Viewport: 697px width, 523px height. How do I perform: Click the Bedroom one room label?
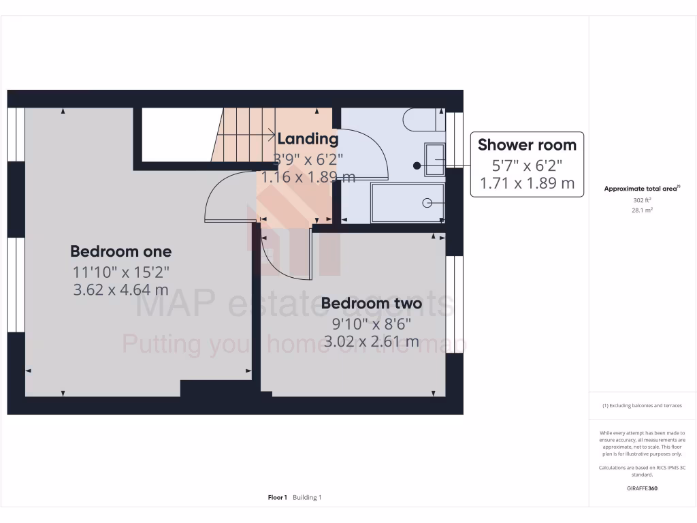point(120,251)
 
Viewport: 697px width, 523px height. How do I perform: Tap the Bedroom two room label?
point(371,303)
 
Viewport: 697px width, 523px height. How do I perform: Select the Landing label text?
point(308,139)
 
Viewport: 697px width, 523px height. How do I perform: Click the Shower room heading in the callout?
point(527,144)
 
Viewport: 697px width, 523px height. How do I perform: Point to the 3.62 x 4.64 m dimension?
point(120,289)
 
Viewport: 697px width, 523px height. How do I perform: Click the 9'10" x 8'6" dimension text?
point(371,323)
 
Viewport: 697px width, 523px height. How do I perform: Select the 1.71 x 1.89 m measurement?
point(527,183)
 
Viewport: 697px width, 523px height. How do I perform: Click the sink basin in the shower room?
point(434,159)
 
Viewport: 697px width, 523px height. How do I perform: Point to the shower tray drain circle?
point(427,202)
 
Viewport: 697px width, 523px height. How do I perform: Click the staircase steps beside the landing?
point(242,136)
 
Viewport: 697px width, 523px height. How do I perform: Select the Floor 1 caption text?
point(278,498)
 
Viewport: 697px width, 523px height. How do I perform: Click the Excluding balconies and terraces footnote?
point(642,406)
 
